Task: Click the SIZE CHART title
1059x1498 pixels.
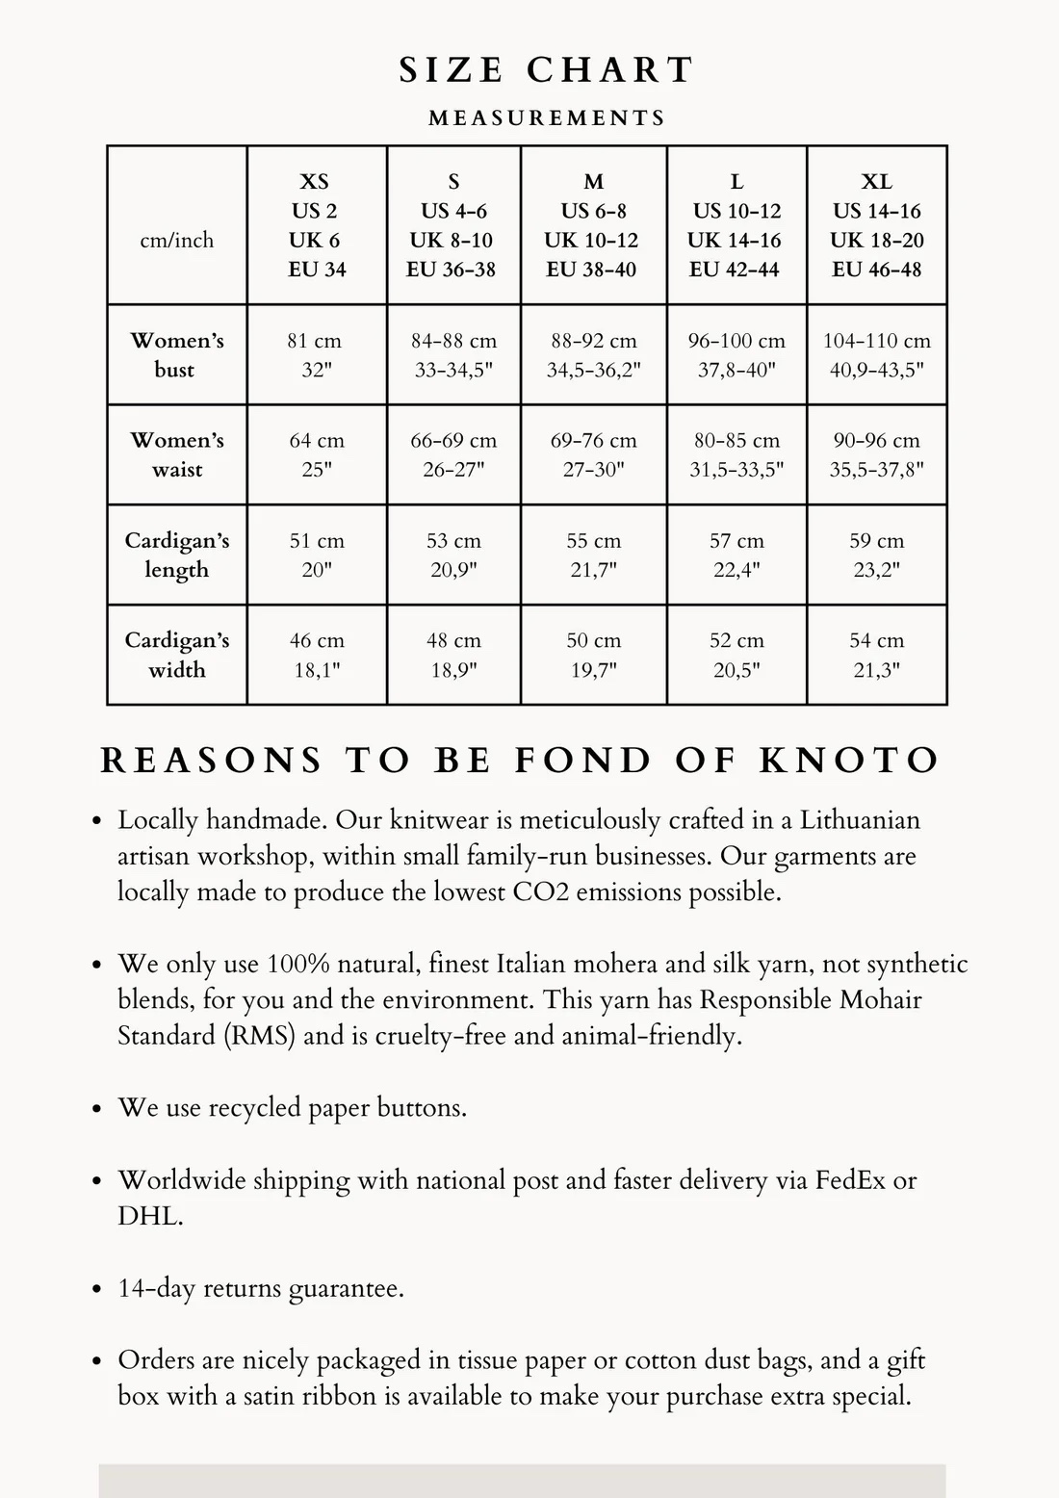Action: [x=546, y=70]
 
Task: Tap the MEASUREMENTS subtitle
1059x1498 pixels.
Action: [x=547, y=118]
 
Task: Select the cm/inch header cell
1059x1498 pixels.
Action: [x=177, y=240]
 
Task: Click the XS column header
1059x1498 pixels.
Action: [x=316, y=225]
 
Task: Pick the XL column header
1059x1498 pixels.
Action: [x=876, y=225]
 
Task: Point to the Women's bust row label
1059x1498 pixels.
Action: [x=177, y=354]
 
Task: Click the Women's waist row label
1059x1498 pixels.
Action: [x=177, y=454]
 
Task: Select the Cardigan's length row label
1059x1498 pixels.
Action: [x=177, y=555]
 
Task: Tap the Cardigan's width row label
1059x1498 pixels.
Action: [x=177, y=655]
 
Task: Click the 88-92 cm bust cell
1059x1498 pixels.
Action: [x=593, y=354]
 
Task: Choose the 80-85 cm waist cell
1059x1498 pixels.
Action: [x=736, y=454]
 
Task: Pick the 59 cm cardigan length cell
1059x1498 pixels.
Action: [x=876, y=555]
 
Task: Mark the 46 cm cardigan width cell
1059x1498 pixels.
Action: [x=316, y=655]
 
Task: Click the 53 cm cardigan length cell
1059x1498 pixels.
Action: [x=453, y=555]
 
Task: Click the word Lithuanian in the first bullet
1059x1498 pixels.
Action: [x=860, y=820]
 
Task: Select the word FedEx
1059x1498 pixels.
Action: [x=850, y=1180]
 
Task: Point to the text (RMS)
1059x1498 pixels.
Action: [x=259, y=1036]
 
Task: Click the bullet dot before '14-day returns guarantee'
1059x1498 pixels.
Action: [x=96, y=1289]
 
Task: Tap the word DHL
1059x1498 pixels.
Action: [x=148, y=1216]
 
